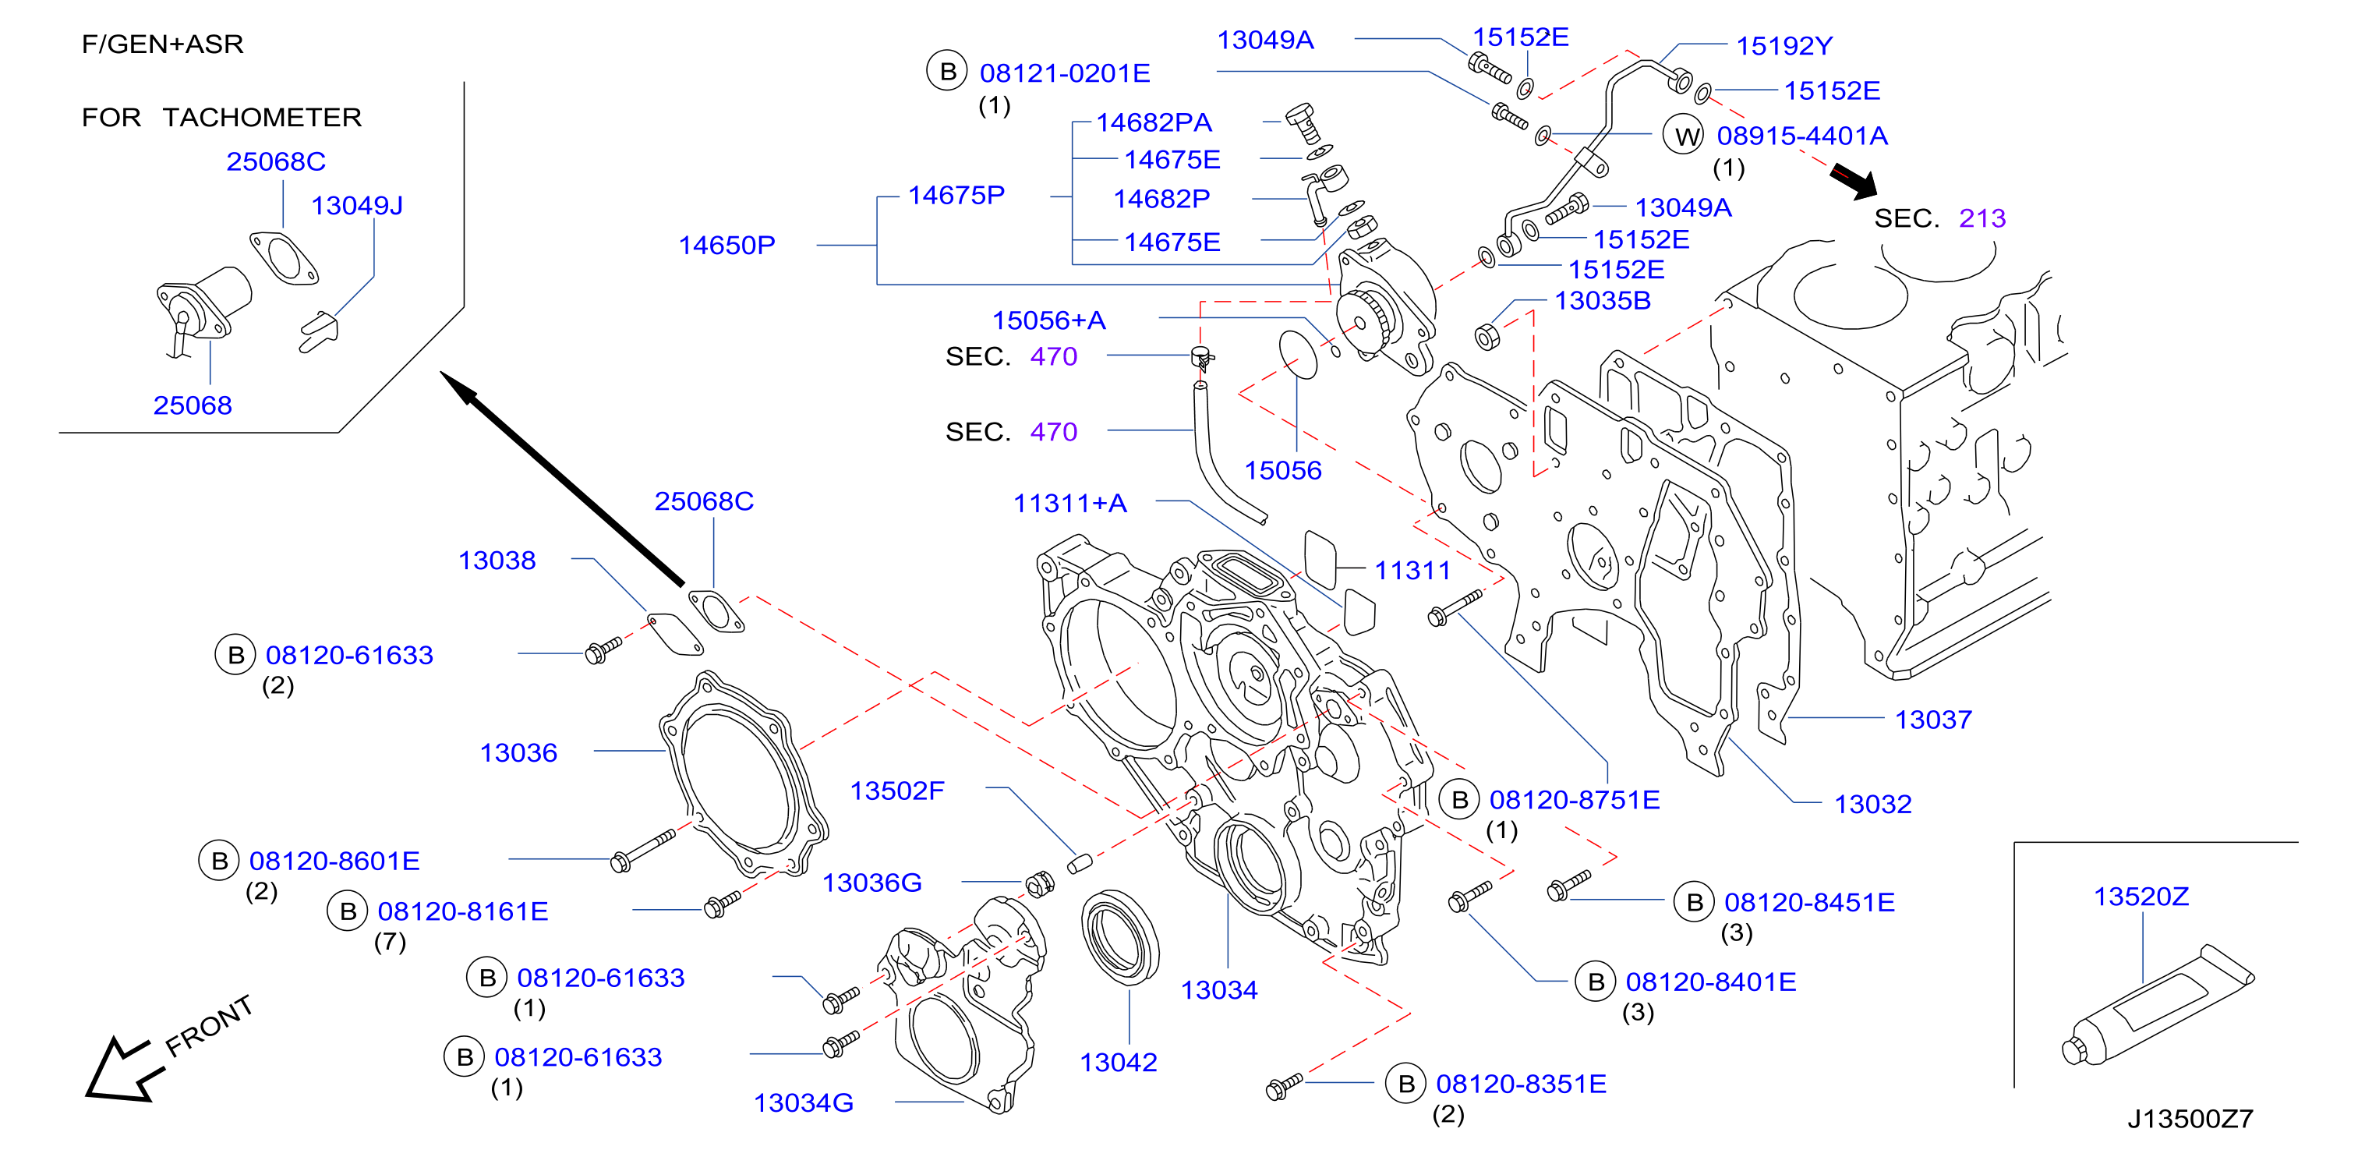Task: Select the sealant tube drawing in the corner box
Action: pyautogui.click(x=2158, y=1005)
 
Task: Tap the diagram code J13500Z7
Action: pyautogui.click(x=2190, y=1119)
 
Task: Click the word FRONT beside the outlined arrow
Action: pyautogui.click(x=209, y=1025)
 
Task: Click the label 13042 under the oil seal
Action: pyautogui.click(x=1119, y=1062)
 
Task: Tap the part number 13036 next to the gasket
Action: pyautogui.click(x=518, y=752)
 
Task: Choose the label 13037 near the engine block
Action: pyautogui.click(x=1933, y=720)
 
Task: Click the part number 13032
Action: pyautogui.click(x=1873, y=804)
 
